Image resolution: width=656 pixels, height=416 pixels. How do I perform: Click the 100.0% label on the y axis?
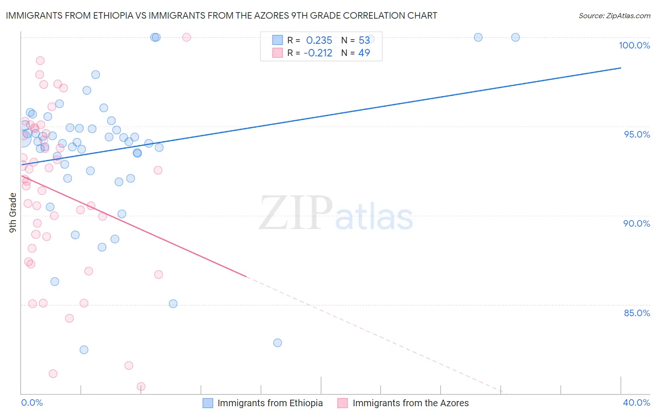634,45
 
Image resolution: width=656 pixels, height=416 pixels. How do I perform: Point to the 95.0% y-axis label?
637,134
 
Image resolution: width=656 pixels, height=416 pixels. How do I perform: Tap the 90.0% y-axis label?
637,223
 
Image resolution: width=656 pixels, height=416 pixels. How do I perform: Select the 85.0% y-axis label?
637,313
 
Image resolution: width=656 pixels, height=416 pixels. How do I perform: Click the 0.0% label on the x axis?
32,402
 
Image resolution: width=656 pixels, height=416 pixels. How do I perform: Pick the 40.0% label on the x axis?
636,402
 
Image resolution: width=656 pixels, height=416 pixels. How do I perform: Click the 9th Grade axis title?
13,213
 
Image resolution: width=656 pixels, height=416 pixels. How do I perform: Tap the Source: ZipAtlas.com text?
614,16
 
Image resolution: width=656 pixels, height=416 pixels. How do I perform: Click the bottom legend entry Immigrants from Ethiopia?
270,403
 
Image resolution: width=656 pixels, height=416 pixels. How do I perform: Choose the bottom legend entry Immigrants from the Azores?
410,403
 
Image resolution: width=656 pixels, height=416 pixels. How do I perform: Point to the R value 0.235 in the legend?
319,41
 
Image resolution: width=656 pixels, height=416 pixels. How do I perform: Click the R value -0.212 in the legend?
318,53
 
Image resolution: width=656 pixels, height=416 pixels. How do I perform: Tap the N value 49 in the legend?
364,53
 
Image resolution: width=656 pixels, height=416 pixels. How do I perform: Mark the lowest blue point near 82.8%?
278,343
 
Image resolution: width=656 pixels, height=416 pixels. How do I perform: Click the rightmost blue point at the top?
516,37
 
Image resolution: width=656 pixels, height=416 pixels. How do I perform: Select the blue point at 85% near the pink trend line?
173,304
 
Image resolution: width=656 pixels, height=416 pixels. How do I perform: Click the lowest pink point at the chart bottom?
141,387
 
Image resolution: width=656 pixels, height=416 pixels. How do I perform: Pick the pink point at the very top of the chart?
187,37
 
